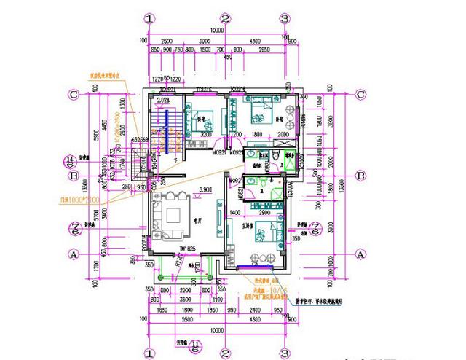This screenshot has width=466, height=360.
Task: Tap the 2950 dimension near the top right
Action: click(264, 50)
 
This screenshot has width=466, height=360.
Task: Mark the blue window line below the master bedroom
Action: click(258, 270)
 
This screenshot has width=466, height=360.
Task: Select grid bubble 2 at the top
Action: click(226, 18)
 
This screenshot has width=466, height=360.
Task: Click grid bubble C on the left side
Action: click(73, 94)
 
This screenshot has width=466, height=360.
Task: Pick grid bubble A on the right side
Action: click(359, 253)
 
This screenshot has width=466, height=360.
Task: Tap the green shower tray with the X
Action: click(291, 165)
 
